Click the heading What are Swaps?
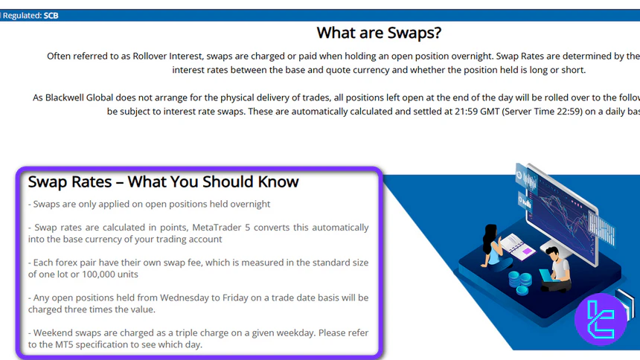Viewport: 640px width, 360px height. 379,33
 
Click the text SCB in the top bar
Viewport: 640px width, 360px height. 51,15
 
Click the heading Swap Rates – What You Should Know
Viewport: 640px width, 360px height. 163,181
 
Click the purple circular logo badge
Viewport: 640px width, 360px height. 600,319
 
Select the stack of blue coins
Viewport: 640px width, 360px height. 520,282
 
